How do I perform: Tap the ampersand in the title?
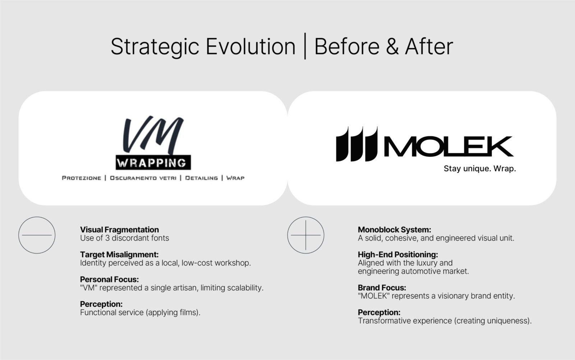click(x=392, y=46)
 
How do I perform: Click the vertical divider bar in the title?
click(x=305, y=46)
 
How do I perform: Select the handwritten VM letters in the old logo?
click(x=153, y=135)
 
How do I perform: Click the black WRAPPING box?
click(x=153, y=163)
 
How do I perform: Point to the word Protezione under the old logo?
click(x=82, y=178)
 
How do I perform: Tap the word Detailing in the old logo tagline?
click(x=202, y=178)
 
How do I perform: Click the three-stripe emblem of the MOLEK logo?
click(x=357, y=144)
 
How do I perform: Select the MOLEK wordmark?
click(x=449, y=146)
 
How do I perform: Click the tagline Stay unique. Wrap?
click(x=480, y=169)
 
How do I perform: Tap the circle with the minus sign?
click(x=37, y=235)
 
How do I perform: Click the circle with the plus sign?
click(x=306, y=235)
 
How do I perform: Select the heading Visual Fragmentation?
click(x=119, y=229)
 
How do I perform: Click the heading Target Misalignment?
click(x=119, y=254)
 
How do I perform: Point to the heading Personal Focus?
click(x=109, y=279)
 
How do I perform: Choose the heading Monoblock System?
click(x=395, y=229)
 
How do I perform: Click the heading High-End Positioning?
click(x=398, y=254)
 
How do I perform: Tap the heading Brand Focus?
click(x=382, y=288)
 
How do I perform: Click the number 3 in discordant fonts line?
click(x=107, y=238)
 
